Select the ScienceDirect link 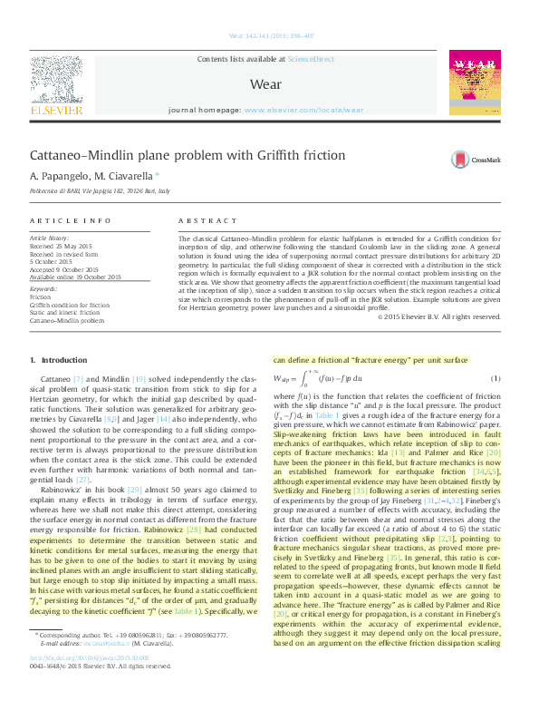coord(311,59)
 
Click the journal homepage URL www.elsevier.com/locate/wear coord(303,110)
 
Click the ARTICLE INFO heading coord(64,221)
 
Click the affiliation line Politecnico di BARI coord(100,192)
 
